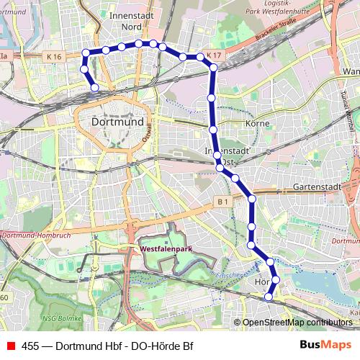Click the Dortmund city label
tap(119, 122)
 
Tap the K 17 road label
tap(213, 55)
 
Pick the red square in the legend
tap(11, 345)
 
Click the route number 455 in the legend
tap(30, 345)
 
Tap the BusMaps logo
tap(328, 345)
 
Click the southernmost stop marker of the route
tap(269, 297)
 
